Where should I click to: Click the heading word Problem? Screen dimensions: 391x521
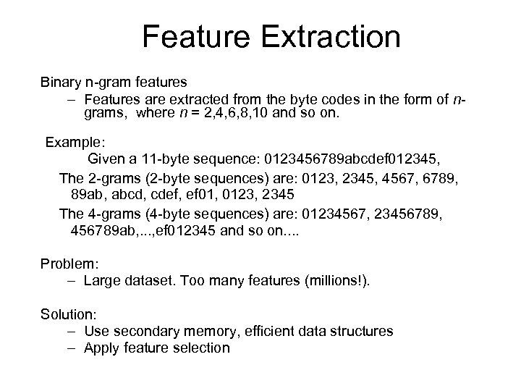[67, 263]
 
